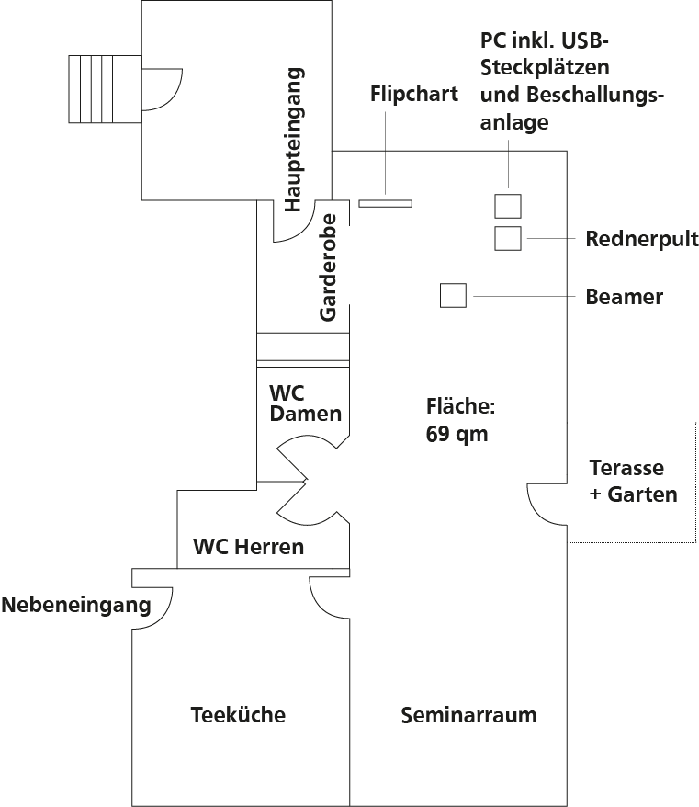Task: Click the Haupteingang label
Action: click(294, 140)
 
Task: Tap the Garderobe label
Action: click(329, 267)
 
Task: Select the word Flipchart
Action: click(414, 94)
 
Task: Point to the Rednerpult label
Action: click(642, 240)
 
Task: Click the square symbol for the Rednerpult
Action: click(508, 238)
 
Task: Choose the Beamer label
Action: click(624, 297)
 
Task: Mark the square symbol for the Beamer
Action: click(453, 296)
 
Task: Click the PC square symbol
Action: click(508, 205)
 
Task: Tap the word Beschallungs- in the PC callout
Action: click(572, 96)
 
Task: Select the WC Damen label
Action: click(305, 403)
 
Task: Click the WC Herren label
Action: click(248, 547)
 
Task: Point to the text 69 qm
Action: click(457, 434)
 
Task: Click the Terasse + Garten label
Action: click(633, 481)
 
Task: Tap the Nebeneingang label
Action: click(75, 606)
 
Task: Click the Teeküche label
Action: click(238, 714)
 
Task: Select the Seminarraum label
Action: click(468, 714)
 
